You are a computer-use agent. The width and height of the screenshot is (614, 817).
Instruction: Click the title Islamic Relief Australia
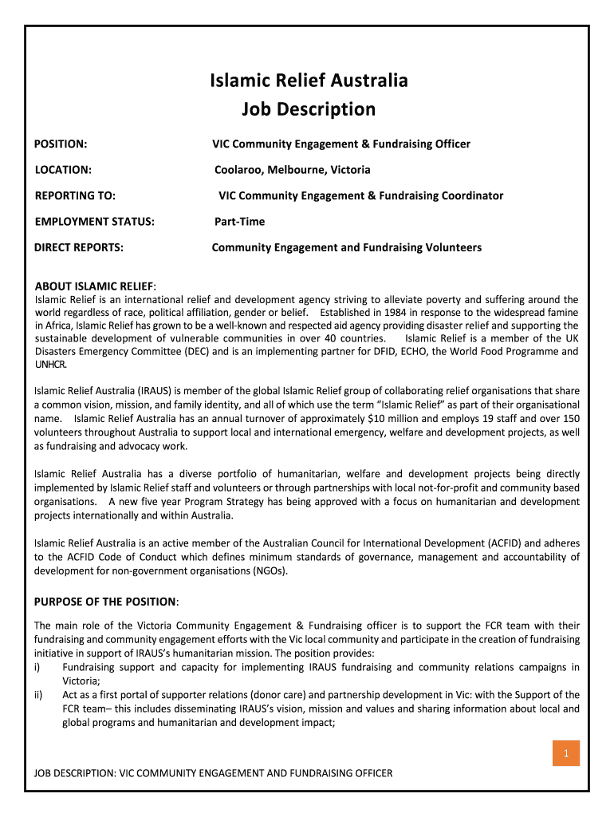pos(309,81)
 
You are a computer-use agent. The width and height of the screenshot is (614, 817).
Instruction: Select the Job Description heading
pos(309,109)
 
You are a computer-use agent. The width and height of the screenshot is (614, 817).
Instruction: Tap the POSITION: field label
pos(61,144)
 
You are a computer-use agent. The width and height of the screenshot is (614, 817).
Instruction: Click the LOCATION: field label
pos(63,170)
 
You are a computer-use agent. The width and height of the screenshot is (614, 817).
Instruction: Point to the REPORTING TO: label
pos(75,195)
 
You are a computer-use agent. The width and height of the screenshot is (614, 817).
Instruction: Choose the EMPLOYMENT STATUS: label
pos(94,221)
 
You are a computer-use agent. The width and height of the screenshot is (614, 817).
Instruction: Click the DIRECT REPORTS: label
pos(78,247)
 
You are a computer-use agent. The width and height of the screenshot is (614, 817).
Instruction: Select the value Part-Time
pos(239,221)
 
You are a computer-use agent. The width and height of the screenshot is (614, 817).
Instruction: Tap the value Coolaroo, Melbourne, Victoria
pos(292,170)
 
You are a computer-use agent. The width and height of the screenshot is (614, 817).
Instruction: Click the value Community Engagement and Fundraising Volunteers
pos(346,247)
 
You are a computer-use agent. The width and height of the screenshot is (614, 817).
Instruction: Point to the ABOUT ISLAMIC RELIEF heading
pos(95,286)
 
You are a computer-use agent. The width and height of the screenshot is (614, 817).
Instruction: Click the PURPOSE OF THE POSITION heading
pos(105,601)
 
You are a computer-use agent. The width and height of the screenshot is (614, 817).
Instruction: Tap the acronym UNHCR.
pos(51,365)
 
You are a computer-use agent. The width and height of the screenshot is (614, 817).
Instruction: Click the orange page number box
pos(565,754)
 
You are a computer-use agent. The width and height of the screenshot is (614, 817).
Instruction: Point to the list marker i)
pos(38,667)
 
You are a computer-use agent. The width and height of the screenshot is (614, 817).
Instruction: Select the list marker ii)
pos(39,695)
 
